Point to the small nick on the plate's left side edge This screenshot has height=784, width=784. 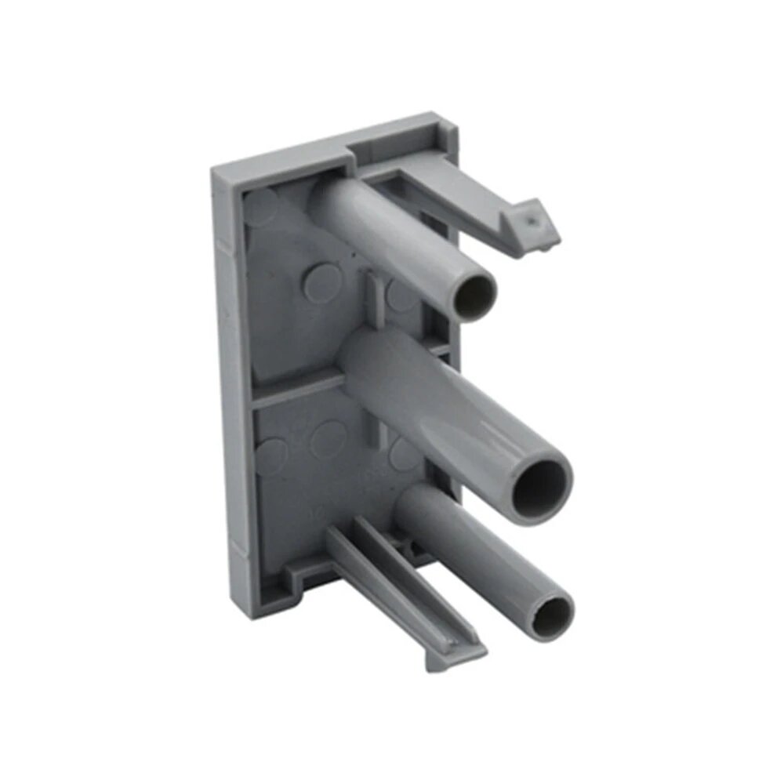(223, 243)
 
